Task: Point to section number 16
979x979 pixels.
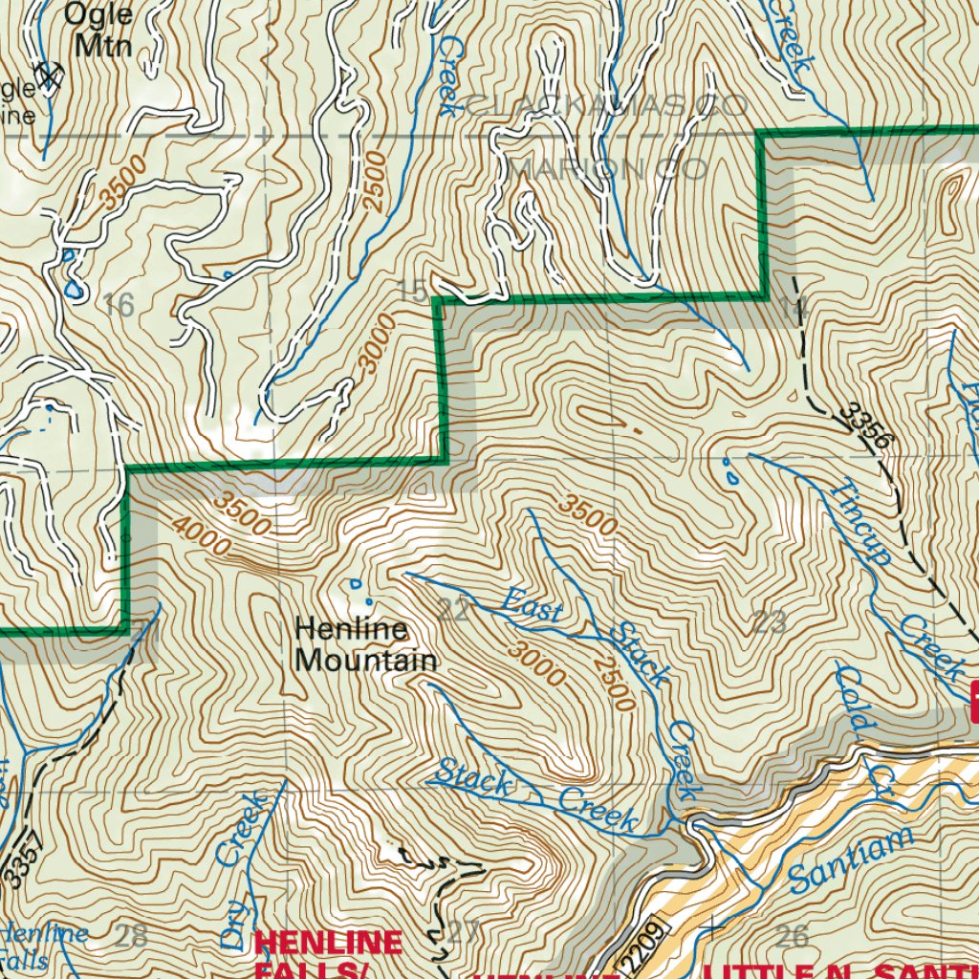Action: (x=118, y=306)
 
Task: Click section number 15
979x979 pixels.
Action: (x=412, y=293)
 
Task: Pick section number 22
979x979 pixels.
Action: (x=455, y=609)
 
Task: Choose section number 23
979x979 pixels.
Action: (x=770, y=622)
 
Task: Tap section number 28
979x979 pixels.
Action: (x=131, y=935)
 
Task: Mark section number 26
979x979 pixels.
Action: (x=793, y=935)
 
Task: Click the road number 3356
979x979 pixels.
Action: (x=866, y=426)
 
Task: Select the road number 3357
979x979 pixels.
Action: (x=17, y=860)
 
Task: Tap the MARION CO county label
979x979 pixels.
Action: (x=608, y=169)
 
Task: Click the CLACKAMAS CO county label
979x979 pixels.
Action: (x=606, y=105)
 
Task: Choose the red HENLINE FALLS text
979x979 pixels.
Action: (x=328, y=952)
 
